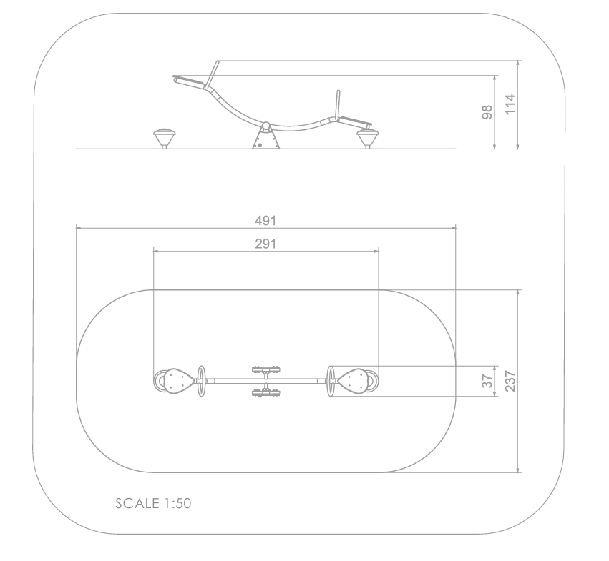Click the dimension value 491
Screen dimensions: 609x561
click(265, 221)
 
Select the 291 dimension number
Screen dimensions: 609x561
click(265, 244)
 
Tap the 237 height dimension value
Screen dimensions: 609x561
click(510, 381)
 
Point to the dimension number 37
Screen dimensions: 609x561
click(487, 381)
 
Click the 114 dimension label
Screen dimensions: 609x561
click(510, 104)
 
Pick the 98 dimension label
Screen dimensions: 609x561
click(487, 112)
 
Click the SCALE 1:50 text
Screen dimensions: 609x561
click(153, 504)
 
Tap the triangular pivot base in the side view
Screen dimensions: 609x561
click(266, 139)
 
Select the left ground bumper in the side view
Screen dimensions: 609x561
click(165, 138)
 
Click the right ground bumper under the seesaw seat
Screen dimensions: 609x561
click(367, 139)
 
